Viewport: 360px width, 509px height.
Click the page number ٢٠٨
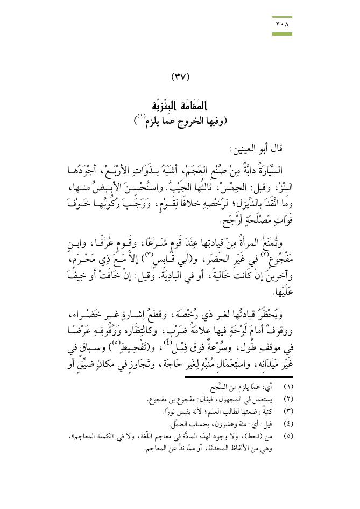[282, 25]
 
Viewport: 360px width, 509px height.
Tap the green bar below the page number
[282, 34]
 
